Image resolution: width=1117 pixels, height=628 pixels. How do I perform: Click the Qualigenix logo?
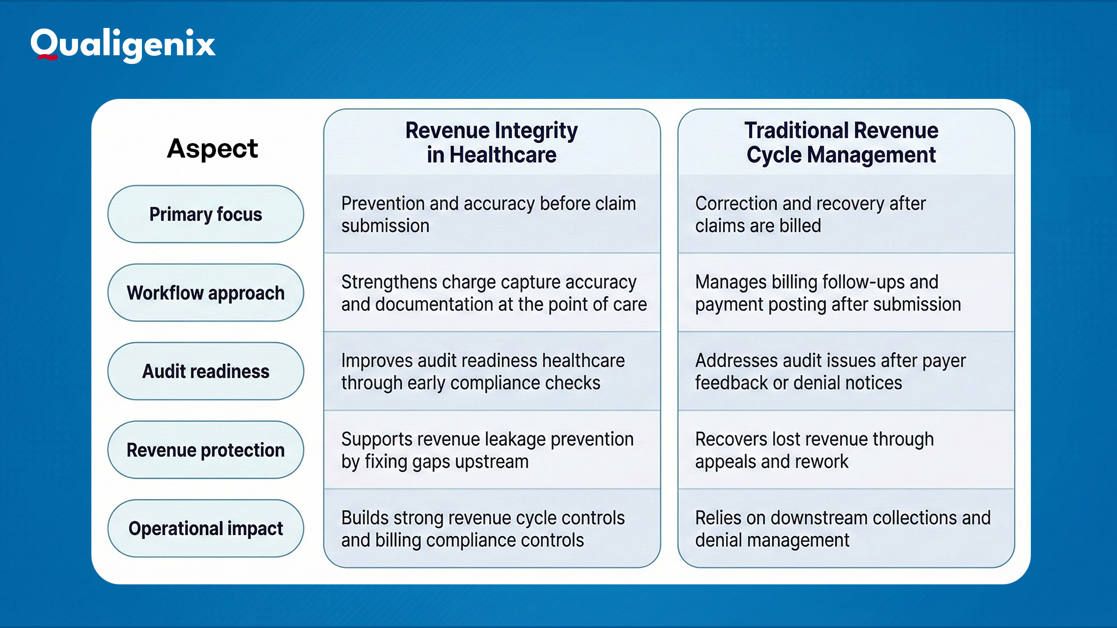pyautogui.click(x=123, y=45)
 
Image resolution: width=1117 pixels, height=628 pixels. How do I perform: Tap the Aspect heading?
pyautogui.click(x=212, y=148)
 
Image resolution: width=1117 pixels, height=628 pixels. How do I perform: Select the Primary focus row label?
pyautogui.click(x=205, y=214)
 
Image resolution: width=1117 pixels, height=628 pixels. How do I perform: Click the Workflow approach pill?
pyautogui.click(x=205, y=292)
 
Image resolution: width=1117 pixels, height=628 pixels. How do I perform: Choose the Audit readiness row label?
pyautogui.click(x=205, y=371)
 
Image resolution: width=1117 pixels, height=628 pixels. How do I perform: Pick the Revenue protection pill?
pyautogui.click(x=205, y=449)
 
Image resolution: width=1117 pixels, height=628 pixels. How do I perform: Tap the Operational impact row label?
pyautogui.click(x=205, y=528)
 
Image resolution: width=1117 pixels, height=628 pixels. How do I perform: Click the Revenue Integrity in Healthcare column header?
pyautogui.click(x=492, y=142)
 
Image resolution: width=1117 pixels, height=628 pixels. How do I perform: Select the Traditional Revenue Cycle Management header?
pyautogui.click(x=841, y=142)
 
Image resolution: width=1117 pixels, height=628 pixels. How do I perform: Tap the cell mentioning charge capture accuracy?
pyautogui.click(x=493, y=293)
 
